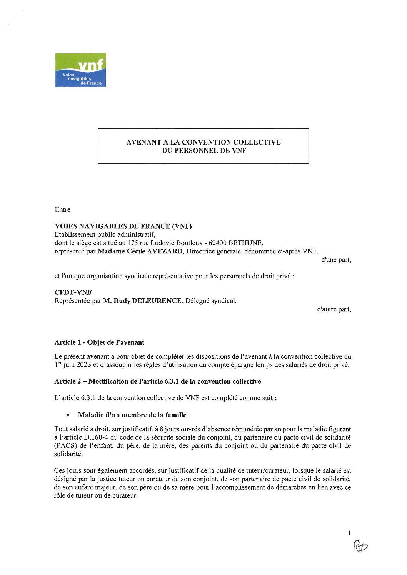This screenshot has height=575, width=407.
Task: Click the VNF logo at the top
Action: [80, 70]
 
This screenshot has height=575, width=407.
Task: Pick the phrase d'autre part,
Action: [334, 310]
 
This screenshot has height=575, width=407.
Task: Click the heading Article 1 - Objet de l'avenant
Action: [99, 342]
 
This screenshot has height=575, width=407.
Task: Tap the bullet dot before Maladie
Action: [68, 415]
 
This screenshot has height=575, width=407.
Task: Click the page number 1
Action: [349, 533]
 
